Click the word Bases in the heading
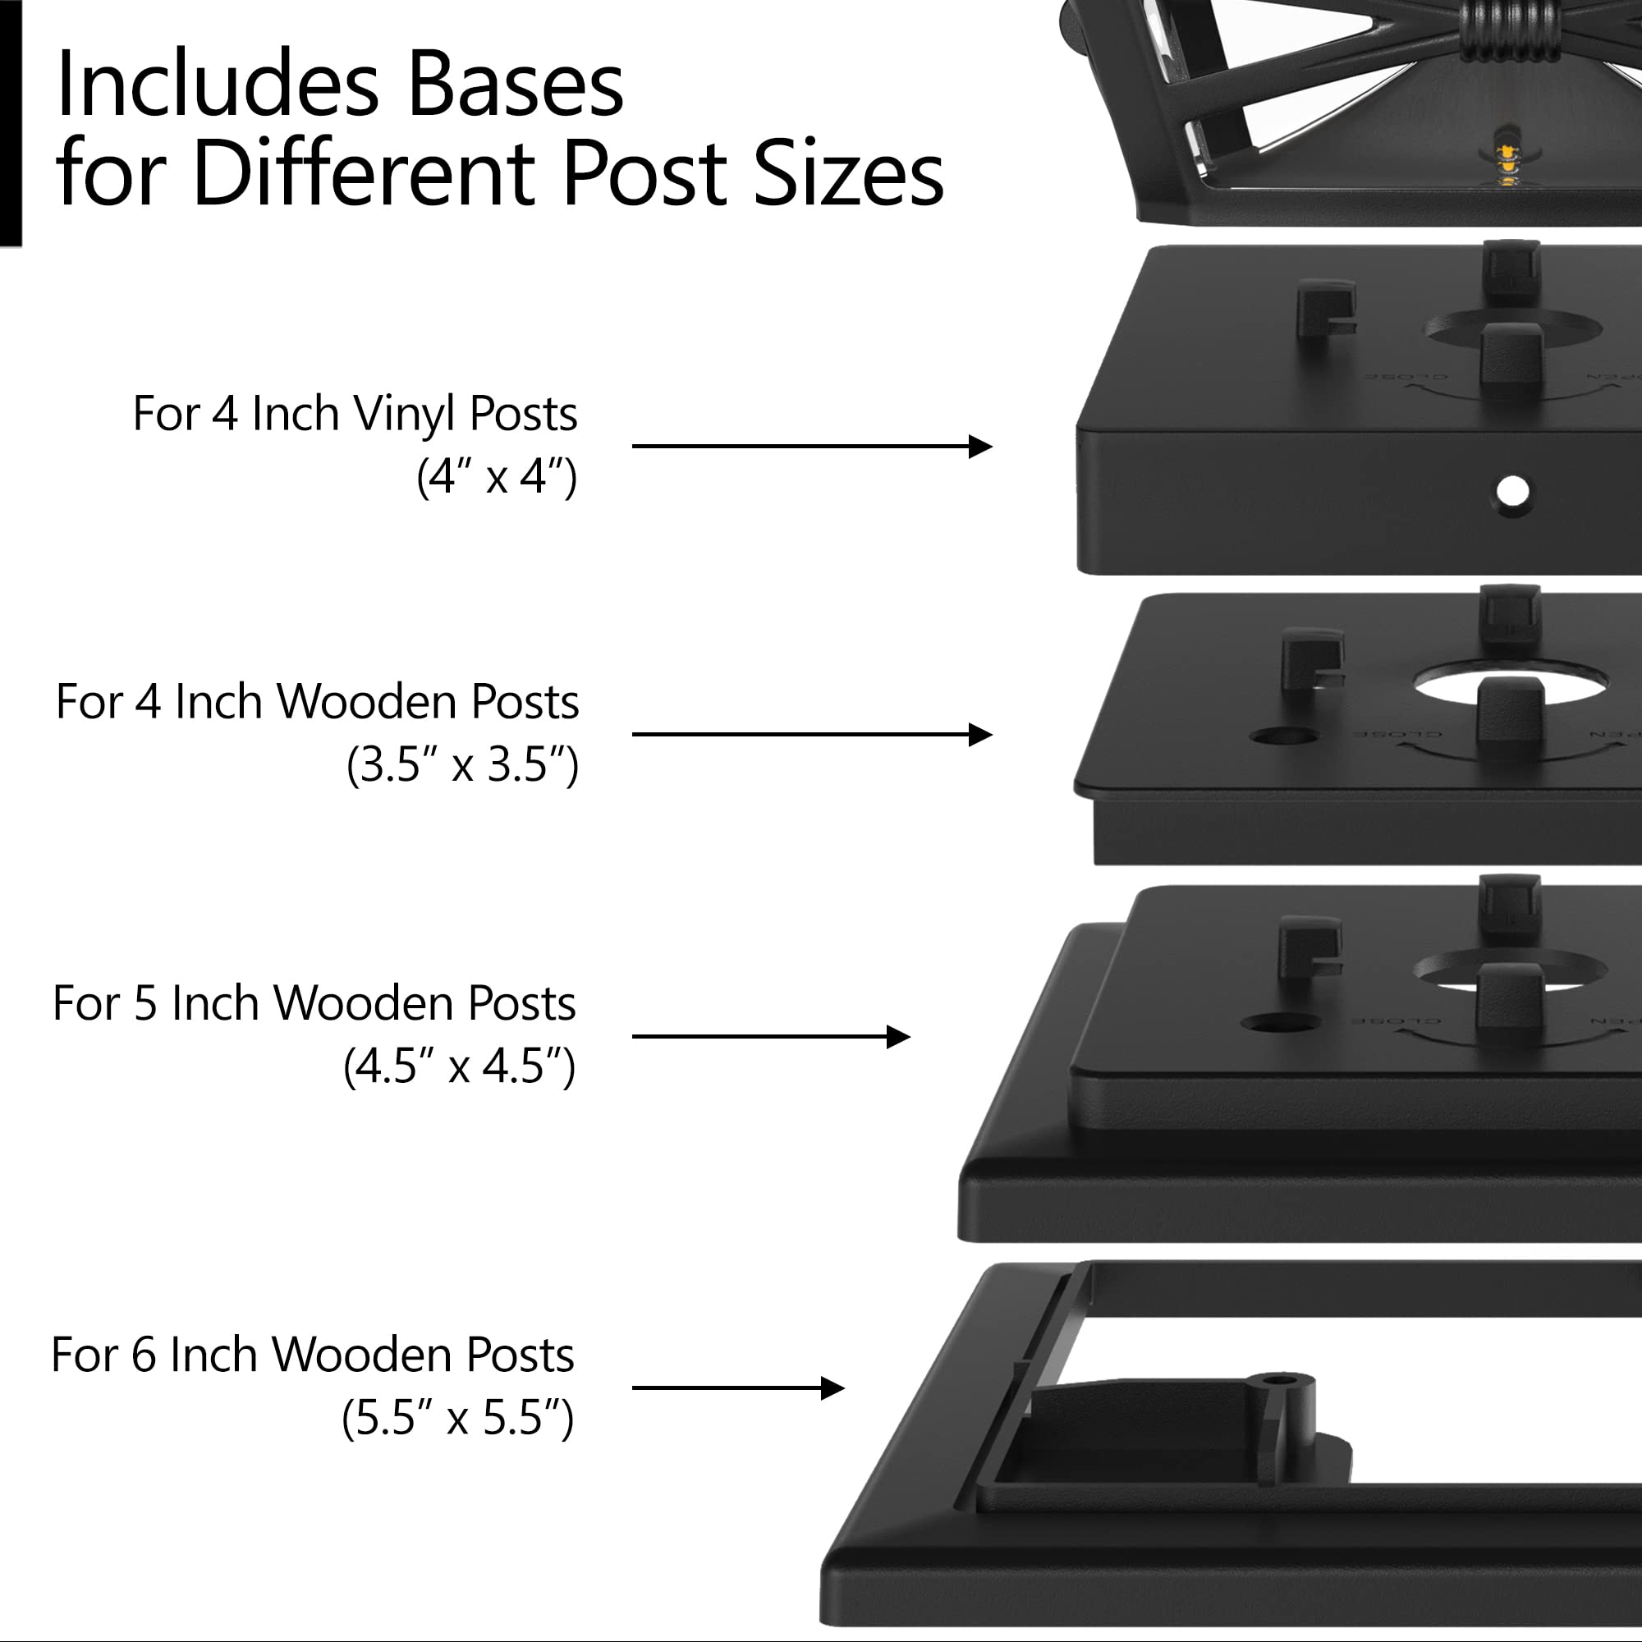click(x=515, y=85)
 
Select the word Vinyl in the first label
click(x=405, y=415)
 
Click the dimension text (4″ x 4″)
click(x=497, y=476)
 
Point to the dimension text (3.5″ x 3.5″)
click(x=462, y=764)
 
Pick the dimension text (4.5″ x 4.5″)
click(x=459, y=1066)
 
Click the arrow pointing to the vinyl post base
click(x=812, y=446)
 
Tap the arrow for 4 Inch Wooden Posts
click(x=812, y=734)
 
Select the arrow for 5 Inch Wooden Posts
click(x=770, y=1037)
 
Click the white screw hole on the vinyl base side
click(x=1512, y=491)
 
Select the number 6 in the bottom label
click(x=144, y=1355)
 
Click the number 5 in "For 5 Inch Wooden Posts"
click(x=145, y=1004)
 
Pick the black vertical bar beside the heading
click(x=9, y=123)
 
